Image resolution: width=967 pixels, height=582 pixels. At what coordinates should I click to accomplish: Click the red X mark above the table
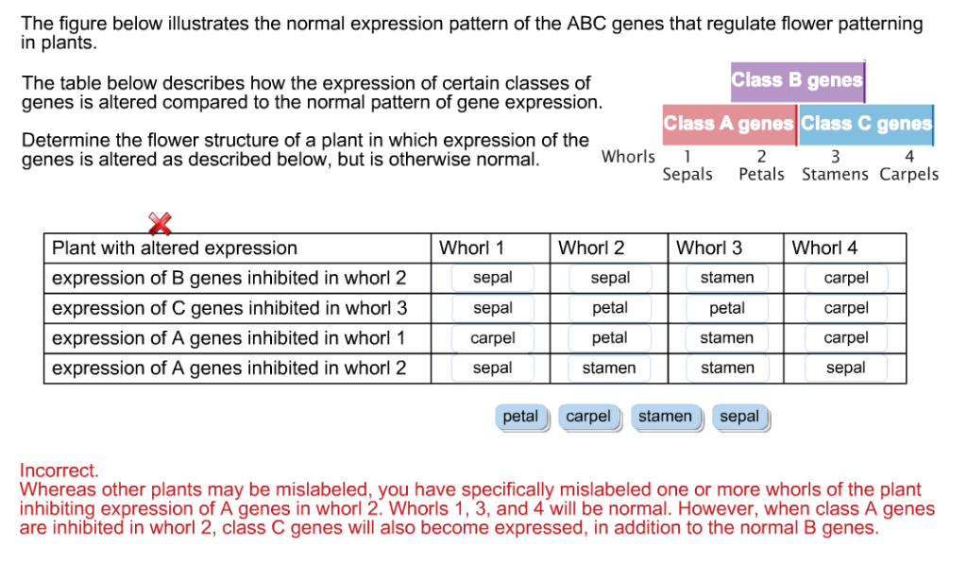click(161, 224)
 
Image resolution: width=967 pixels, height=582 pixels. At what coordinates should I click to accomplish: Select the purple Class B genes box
click(797, 81)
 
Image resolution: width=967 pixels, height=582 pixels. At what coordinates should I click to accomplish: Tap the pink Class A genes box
click(729, 124)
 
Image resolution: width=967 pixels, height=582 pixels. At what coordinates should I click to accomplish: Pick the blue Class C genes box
click(866, 124)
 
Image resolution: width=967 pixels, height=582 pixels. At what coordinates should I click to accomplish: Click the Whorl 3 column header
click(709, 248)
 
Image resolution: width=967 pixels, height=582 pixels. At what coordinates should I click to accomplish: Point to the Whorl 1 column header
click(471, 248)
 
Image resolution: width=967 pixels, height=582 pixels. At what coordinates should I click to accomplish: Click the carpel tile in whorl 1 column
click(493, 338)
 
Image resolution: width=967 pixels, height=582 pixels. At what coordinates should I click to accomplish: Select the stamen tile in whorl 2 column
click(609, 368)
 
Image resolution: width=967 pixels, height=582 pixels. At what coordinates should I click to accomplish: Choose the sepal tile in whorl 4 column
click(845, 368)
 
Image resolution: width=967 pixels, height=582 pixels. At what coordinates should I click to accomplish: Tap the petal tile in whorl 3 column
click(727, 308)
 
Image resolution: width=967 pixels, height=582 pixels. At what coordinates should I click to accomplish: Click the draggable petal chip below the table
click(520, 417)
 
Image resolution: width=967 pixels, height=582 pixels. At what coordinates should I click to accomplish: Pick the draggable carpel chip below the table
click(588, 417)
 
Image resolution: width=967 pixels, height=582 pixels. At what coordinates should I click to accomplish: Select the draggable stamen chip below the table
click(665, 417)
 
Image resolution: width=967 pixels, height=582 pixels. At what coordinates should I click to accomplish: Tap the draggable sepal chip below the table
click(739, 417)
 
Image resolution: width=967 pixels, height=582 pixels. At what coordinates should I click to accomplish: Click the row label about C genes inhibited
click(229, 308)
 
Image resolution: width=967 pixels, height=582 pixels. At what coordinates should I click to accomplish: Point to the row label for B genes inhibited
click(229, 278)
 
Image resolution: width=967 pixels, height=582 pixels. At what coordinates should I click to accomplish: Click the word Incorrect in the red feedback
click(59, 471)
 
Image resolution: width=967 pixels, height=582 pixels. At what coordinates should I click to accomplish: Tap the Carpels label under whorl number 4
click(908, 174)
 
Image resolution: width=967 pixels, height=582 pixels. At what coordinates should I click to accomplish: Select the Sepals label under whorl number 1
click(687, 174)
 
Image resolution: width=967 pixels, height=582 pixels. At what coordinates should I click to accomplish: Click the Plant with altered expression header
click(175, 248)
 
